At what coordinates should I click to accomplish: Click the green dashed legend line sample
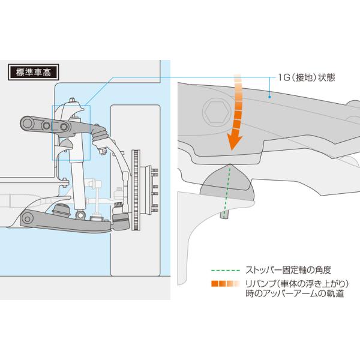pyautogui.click(x=226, y=269)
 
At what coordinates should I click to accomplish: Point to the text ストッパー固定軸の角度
pyautogui.click(x=280, y=269)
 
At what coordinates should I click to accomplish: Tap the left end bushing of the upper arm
pyautogui.click(x=28, y=124)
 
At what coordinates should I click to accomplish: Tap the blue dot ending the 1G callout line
pyautogui.click(x=271, y=95)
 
